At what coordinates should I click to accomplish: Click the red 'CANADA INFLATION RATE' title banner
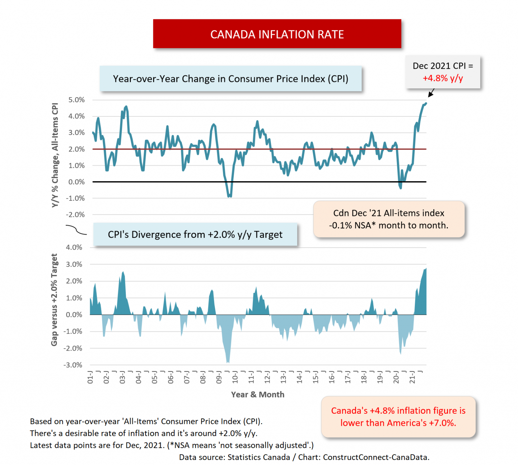pos(277,34)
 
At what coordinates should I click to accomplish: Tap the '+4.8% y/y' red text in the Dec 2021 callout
pos(442,78)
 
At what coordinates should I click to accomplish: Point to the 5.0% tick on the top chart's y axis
pos(77,100)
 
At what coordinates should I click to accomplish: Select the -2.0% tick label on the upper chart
pos(76,215)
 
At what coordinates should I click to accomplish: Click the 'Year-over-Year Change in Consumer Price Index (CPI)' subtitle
pos(230,79)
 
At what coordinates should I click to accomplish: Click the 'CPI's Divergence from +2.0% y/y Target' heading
pos(195,235)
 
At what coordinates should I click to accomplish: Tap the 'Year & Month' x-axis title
pos(258,394)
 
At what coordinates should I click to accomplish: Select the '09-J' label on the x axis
pos(219,377)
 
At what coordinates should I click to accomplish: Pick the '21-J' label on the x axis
pos(412,377)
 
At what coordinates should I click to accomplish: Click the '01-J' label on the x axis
pos(90,377)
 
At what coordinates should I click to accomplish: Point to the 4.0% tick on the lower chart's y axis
pos(74,247)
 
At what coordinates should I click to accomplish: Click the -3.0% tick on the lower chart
pos(73,365)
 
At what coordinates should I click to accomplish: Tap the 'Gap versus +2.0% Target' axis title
pos(54,300)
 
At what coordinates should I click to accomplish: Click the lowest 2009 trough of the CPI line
pos(230,196)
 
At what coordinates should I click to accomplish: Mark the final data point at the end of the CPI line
pos(426,104)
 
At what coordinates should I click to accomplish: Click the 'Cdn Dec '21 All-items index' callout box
pos(389,219)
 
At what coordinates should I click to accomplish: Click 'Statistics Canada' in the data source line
pos(259,457)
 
